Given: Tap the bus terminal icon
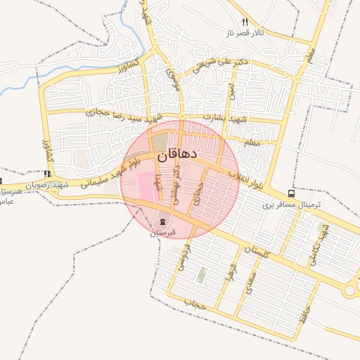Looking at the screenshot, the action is point(292,194).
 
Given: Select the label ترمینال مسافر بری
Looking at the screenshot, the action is point(292,205).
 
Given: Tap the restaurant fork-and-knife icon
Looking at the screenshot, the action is point(245,22).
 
